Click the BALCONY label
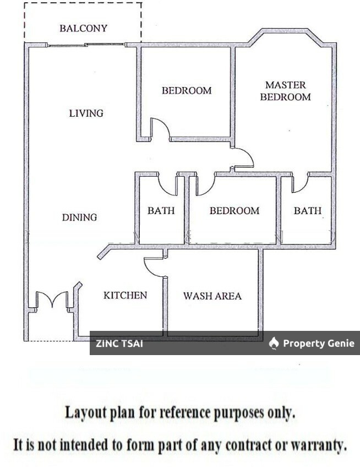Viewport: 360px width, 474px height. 83,29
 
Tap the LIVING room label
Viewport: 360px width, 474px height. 86,113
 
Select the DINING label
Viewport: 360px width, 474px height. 79,217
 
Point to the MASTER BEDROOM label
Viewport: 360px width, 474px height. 285,91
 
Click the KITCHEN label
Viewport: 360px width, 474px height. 125,295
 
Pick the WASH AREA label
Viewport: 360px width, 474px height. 212,296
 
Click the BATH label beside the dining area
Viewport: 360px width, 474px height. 161,210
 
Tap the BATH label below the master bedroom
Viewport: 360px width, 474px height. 307,210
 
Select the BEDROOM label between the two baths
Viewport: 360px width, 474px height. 234,211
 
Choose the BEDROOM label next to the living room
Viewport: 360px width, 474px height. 187,90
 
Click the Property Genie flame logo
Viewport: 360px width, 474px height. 274,343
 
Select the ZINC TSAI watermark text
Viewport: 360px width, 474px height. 119,344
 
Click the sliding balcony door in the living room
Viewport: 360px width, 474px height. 86,45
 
